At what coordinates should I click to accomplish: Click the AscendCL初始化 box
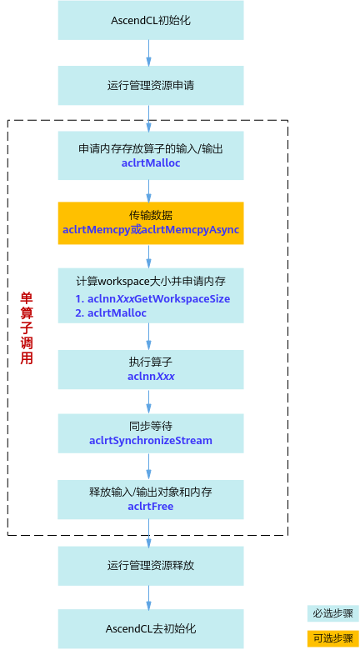(151, 20)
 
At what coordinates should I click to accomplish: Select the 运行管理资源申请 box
(151, 85)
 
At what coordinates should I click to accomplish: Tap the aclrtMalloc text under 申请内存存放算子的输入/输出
(151, 163)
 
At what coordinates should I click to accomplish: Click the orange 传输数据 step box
(151, 223)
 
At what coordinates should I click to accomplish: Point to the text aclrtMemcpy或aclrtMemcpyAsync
(151, 230)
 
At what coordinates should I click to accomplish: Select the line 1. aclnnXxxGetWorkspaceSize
(152, 298)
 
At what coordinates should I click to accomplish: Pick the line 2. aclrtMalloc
(111, 313)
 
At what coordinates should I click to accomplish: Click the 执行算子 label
(151, 362)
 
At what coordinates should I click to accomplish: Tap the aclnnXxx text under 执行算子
(151, 377)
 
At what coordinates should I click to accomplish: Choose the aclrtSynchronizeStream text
(151, 440)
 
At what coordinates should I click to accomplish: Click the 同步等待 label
(151, 426)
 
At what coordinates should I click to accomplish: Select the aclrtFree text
(151, 506)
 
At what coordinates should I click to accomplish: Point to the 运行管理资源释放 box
(151, 566)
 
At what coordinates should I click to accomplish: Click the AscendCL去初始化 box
(151, 629)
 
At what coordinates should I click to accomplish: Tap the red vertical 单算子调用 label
(27, 328)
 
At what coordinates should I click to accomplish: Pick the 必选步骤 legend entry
(333, 613)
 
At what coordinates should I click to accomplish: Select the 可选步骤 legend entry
(333, 638)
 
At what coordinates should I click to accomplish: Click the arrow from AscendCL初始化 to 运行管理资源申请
(149, 53)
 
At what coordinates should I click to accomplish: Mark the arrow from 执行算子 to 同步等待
(149, 402)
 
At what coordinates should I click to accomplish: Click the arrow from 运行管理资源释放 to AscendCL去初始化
(149, 597)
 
